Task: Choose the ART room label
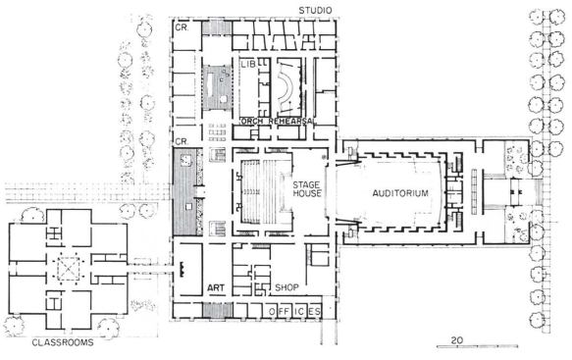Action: click(216, 287)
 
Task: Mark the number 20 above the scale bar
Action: click(457, 338)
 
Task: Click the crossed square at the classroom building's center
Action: click(69, 264)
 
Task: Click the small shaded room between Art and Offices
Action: click(216, 312)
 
